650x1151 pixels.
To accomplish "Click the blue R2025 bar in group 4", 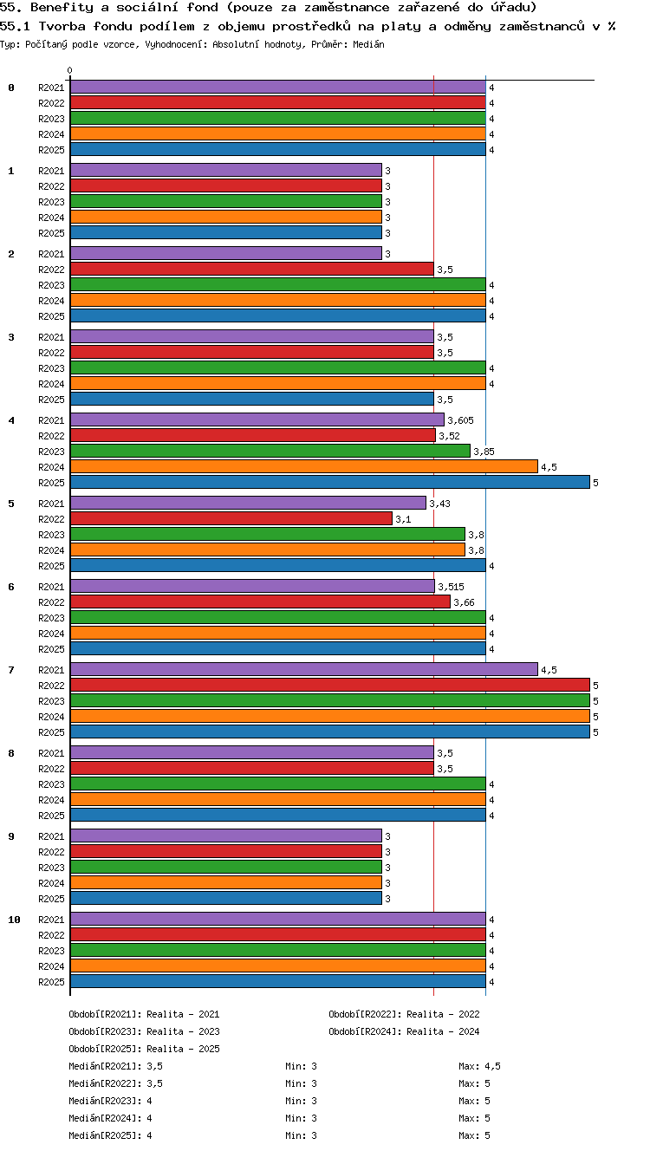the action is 330,482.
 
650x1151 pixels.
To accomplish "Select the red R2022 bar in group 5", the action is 231,518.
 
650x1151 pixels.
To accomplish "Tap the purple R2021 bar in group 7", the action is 304,669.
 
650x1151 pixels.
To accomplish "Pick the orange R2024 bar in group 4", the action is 304,466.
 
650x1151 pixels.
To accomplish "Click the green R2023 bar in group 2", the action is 278,284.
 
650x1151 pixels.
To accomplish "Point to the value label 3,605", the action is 460,420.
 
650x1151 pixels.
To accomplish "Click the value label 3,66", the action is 464,602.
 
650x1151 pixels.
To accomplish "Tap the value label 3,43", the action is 440,504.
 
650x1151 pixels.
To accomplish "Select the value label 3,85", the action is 484,452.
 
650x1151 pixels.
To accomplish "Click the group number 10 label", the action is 14,920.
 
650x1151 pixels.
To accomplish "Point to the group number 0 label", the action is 11,88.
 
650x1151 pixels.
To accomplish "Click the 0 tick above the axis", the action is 70,70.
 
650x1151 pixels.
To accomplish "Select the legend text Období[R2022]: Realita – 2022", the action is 404,1014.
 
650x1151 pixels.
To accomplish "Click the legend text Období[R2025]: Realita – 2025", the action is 144,1048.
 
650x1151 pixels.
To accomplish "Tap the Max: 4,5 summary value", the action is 479,1066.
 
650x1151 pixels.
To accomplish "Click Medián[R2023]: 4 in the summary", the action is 110,1101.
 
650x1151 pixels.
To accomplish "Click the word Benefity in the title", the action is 62,8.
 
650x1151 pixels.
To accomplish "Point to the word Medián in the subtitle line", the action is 368,44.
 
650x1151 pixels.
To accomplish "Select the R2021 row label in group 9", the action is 51,836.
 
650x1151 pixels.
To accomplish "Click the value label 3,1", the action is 403,519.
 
